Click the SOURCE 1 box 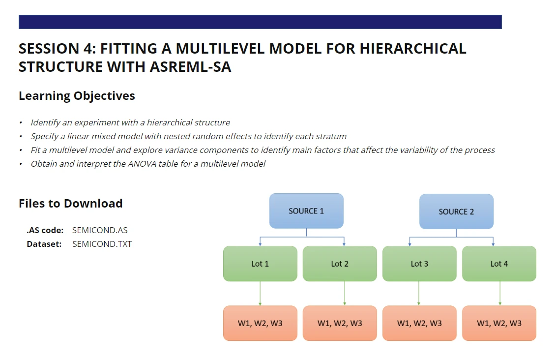(306, 211)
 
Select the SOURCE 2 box (456, 211)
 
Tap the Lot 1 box (260, 264)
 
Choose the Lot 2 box (340, 264)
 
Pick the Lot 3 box (419, 264)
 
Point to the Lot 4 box (499, 264)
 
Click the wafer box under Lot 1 (260, 323)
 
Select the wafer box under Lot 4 (499, 323)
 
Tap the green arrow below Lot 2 (344, 294)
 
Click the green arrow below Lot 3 (419, 294)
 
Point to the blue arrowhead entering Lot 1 (260, 244)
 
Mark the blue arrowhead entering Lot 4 (493, 244)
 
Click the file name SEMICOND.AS (100, 230)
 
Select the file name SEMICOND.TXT (102, 244)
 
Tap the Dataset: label (44, 244)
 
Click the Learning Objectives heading (77, 96)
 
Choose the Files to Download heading (71, 204)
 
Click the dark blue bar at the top (260, 22)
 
